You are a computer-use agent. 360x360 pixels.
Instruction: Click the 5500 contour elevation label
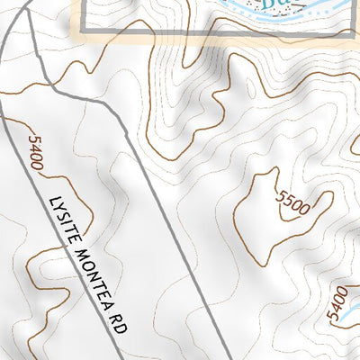pyautogui.click(x=293, y=203)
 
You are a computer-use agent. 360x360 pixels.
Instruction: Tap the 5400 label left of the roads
pyautogui.click(x=35, y=152)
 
